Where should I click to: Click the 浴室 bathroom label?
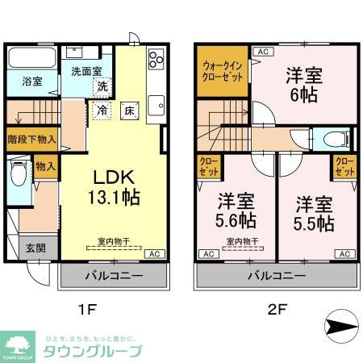point(22,81)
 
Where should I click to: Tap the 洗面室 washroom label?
point(86,70)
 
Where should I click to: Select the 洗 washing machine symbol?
point(103,86)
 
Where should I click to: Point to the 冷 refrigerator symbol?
point(103,110)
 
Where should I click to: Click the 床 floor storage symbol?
point(128,111)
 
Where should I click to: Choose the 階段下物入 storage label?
point(31,138)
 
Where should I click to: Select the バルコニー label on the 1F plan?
point(115,276)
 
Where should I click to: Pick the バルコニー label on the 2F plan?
point(277,276)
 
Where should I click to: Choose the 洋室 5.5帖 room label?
point(314,212)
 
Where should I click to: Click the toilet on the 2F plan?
point(332,139)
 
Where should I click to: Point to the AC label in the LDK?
point(152,254)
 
